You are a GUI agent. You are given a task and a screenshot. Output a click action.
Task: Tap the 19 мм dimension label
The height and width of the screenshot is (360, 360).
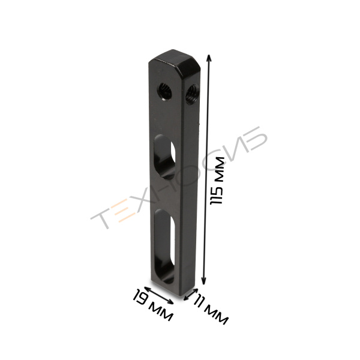click(152, 305)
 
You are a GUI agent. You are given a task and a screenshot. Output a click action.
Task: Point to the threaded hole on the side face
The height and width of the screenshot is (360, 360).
click(192, 94)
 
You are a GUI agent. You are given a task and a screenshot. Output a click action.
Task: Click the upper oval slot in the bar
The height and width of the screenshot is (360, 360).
click(164, 157)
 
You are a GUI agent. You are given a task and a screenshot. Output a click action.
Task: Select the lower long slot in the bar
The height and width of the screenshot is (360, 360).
click(164, 247)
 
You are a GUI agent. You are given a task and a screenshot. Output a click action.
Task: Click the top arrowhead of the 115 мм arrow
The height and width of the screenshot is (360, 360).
click(208, 58)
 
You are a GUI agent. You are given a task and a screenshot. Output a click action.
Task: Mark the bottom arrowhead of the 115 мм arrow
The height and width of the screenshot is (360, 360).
click(203, 281)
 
